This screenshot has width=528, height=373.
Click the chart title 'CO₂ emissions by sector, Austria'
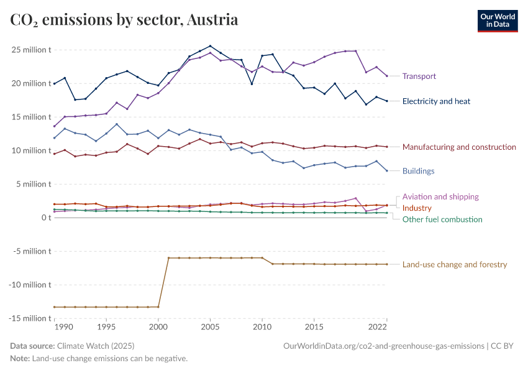point(124,20)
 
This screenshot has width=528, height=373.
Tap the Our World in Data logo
point(498,21)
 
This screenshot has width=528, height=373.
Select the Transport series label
point(419,76)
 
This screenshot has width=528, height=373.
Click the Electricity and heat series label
point(436,101)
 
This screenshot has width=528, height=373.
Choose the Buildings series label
point(418,171)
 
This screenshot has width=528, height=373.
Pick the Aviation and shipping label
point(440,197)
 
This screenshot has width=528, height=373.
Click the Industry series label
point(417,208)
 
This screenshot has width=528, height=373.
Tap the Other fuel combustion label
point(442,219)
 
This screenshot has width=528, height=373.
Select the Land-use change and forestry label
point(455,265)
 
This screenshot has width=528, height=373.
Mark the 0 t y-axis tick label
point(45,218)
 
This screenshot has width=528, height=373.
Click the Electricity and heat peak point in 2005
point(210,46)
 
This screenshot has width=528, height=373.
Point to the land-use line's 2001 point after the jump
point(168,258)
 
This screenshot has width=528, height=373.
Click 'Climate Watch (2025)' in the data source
point(96,346)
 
